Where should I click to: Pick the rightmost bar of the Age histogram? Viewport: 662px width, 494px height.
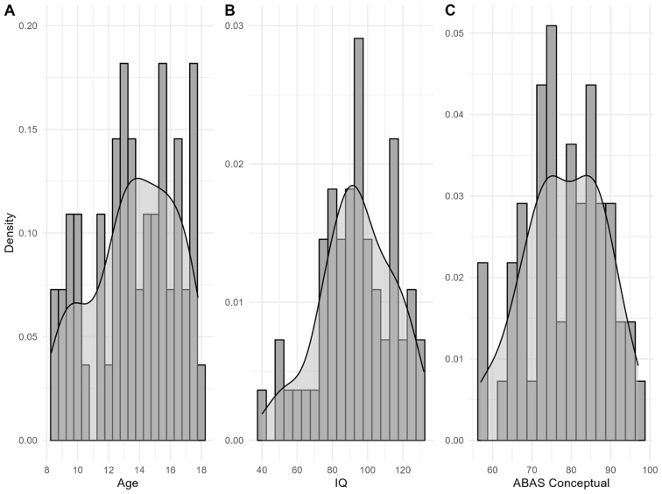(x=201, y=402)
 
